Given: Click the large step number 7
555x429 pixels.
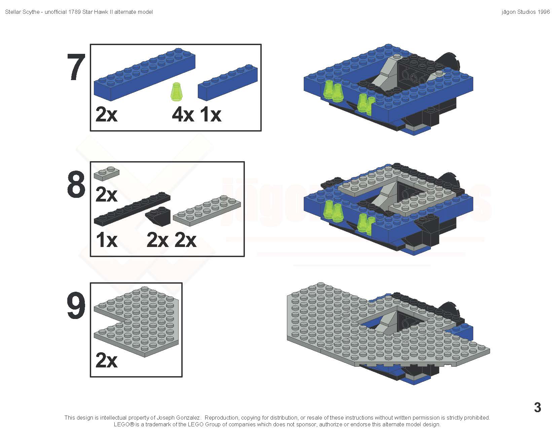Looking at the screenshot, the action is click(76, 67).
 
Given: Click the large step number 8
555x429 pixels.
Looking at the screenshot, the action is click(76, 184).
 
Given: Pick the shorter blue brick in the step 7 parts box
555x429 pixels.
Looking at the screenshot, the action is click(228, 82).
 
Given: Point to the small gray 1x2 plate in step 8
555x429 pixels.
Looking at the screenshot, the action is click(107, 174).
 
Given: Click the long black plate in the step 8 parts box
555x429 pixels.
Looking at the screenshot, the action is click(132, 209).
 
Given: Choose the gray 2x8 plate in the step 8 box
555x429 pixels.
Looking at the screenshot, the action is click(207, 210).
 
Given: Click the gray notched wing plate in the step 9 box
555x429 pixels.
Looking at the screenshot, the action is click(136, 321).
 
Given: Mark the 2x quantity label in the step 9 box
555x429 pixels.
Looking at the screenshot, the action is click(107, 360).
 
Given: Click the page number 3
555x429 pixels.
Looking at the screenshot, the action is click(538, 407).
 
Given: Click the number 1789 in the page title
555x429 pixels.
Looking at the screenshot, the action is click(75, 12).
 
